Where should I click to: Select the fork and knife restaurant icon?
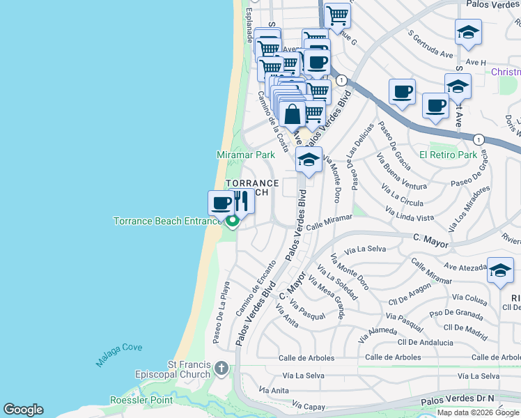tap(241, 201)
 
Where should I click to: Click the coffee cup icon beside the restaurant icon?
tap(221, 203)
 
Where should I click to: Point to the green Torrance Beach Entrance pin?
tap(232, 222)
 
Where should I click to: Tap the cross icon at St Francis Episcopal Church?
tap(221, 368)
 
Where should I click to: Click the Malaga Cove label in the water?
tap(119, 355)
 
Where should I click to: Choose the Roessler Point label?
tap(141, 400)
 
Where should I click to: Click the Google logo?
tap(23, 410)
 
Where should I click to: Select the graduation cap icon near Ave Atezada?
tap(500, 272)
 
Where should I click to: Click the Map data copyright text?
tap(479, 412)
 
